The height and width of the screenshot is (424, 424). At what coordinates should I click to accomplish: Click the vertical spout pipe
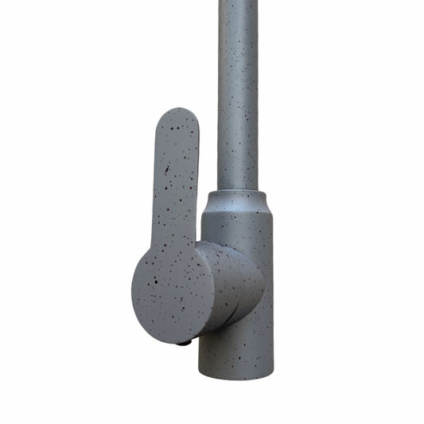(x=238, y=95)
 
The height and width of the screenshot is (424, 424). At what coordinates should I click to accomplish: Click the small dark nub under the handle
(x=183, y=344)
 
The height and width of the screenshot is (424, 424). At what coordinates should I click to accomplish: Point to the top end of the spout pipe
(x=238, y=4)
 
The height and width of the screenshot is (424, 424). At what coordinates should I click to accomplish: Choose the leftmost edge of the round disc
(x=131, y=286)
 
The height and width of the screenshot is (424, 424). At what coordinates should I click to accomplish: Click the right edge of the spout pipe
(x=257, y=95)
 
